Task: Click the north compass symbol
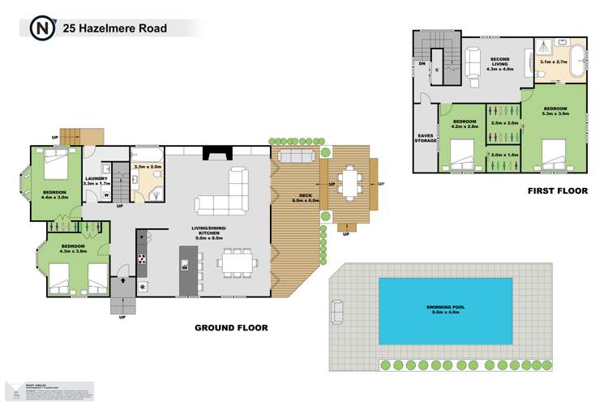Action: (x=40, y=28)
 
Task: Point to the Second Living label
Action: (x=503, y=64)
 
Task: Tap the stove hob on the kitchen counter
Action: (x=142, y=260)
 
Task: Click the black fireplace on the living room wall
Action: (x=216, y=154)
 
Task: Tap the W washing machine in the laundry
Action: (x=107, y=194)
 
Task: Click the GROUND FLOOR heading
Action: (x=230, y=328)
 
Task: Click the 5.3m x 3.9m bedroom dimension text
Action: (x=554, y=114)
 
